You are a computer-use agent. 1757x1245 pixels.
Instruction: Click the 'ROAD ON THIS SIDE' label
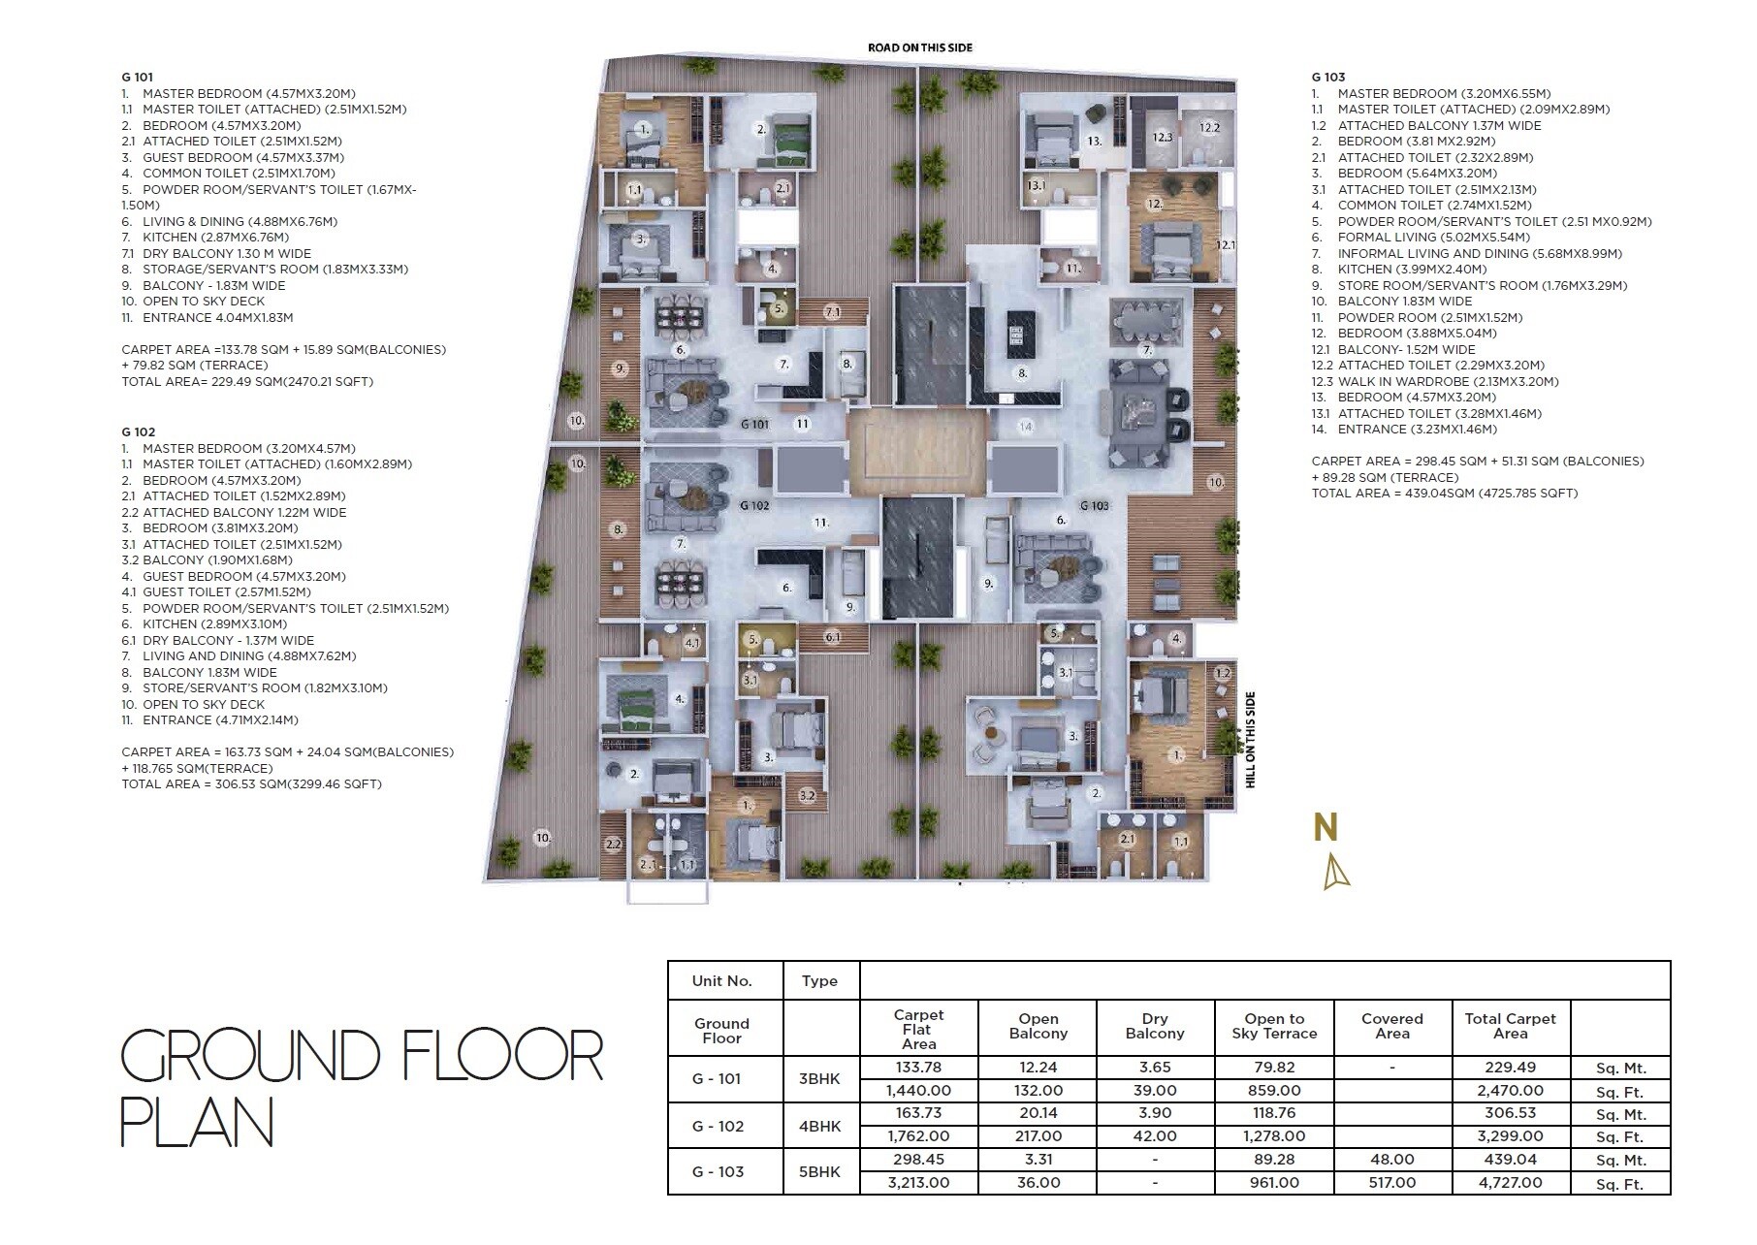click(919, 48)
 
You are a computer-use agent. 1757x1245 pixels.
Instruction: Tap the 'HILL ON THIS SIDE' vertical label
click(1250, 739)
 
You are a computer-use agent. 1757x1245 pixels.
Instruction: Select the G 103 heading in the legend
click(1327, 77)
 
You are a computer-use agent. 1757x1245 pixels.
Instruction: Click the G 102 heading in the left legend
click(138, 431)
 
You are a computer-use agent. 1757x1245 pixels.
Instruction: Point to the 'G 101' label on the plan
click(754, 424)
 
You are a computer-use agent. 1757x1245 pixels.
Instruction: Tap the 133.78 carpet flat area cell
click(918, 1067)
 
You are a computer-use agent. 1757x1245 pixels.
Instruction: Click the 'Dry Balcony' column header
click(1154, 1026)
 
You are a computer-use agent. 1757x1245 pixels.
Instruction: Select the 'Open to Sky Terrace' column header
click(1274, 1026)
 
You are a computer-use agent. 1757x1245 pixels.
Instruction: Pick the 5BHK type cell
click(819, 1171)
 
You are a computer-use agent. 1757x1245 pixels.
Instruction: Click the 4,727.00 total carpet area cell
click(1510, 1182)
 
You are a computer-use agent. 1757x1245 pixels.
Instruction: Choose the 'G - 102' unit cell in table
click(718, 1126)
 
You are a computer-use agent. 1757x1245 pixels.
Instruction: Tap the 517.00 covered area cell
click(1391, 1182)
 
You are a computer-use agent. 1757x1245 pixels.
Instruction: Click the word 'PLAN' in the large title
click(197, 1123)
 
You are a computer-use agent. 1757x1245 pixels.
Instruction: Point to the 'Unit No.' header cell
click(721, 980)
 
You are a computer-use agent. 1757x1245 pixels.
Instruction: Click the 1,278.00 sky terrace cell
click(1274, 1135)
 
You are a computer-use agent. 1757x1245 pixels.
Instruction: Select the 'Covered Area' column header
click(1391, 1026)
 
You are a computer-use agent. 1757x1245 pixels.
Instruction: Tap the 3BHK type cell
click(819, 1078)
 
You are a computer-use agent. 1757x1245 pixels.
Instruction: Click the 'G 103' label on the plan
click(1094, 505)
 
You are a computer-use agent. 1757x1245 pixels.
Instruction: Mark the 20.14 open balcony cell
click(1038, 1113)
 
